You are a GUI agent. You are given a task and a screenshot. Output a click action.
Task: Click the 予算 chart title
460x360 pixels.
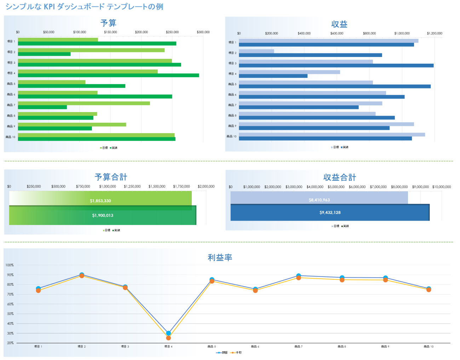[x=108, y=23]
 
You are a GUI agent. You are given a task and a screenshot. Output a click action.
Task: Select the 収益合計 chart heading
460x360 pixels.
[x=339, y=177]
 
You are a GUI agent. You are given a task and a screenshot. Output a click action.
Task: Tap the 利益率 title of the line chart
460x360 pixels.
[x=220, y=257]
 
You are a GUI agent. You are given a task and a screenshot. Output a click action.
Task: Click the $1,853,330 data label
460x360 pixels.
[x=100, y=201]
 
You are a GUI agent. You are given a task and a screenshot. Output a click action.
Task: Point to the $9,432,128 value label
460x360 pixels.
[x=330, y=213]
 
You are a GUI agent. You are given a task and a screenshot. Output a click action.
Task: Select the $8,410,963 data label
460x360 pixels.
[x=319, y=200]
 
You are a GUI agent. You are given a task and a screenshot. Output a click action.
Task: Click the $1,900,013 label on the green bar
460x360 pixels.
[x=103, y=215]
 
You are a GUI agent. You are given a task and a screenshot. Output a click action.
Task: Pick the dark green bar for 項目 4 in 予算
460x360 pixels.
[x=108, y=75]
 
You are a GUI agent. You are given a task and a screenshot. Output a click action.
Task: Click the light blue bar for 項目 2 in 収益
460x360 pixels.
[x=256, y=51]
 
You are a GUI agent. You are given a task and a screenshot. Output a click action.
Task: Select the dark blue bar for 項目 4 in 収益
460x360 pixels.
[x=273, y=76]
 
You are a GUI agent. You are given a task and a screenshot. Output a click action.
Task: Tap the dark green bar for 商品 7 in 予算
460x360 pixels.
[x=42, y=107]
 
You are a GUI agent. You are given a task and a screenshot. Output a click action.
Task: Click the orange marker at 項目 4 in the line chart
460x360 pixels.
[x=168, y=338]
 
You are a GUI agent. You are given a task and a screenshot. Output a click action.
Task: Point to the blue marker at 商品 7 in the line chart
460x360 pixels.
[x=299, y=275]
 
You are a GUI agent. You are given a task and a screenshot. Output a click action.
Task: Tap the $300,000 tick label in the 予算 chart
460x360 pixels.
[x=203, y=32]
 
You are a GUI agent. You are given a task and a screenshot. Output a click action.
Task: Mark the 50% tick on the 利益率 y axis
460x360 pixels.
[x=10, y=314]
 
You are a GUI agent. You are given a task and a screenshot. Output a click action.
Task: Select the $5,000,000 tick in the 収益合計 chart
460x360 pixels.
[x=336, y=187]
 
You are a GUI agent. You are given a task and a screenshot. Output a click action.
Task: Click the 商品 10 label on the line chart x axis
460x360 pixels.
[x=429, y=347]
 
